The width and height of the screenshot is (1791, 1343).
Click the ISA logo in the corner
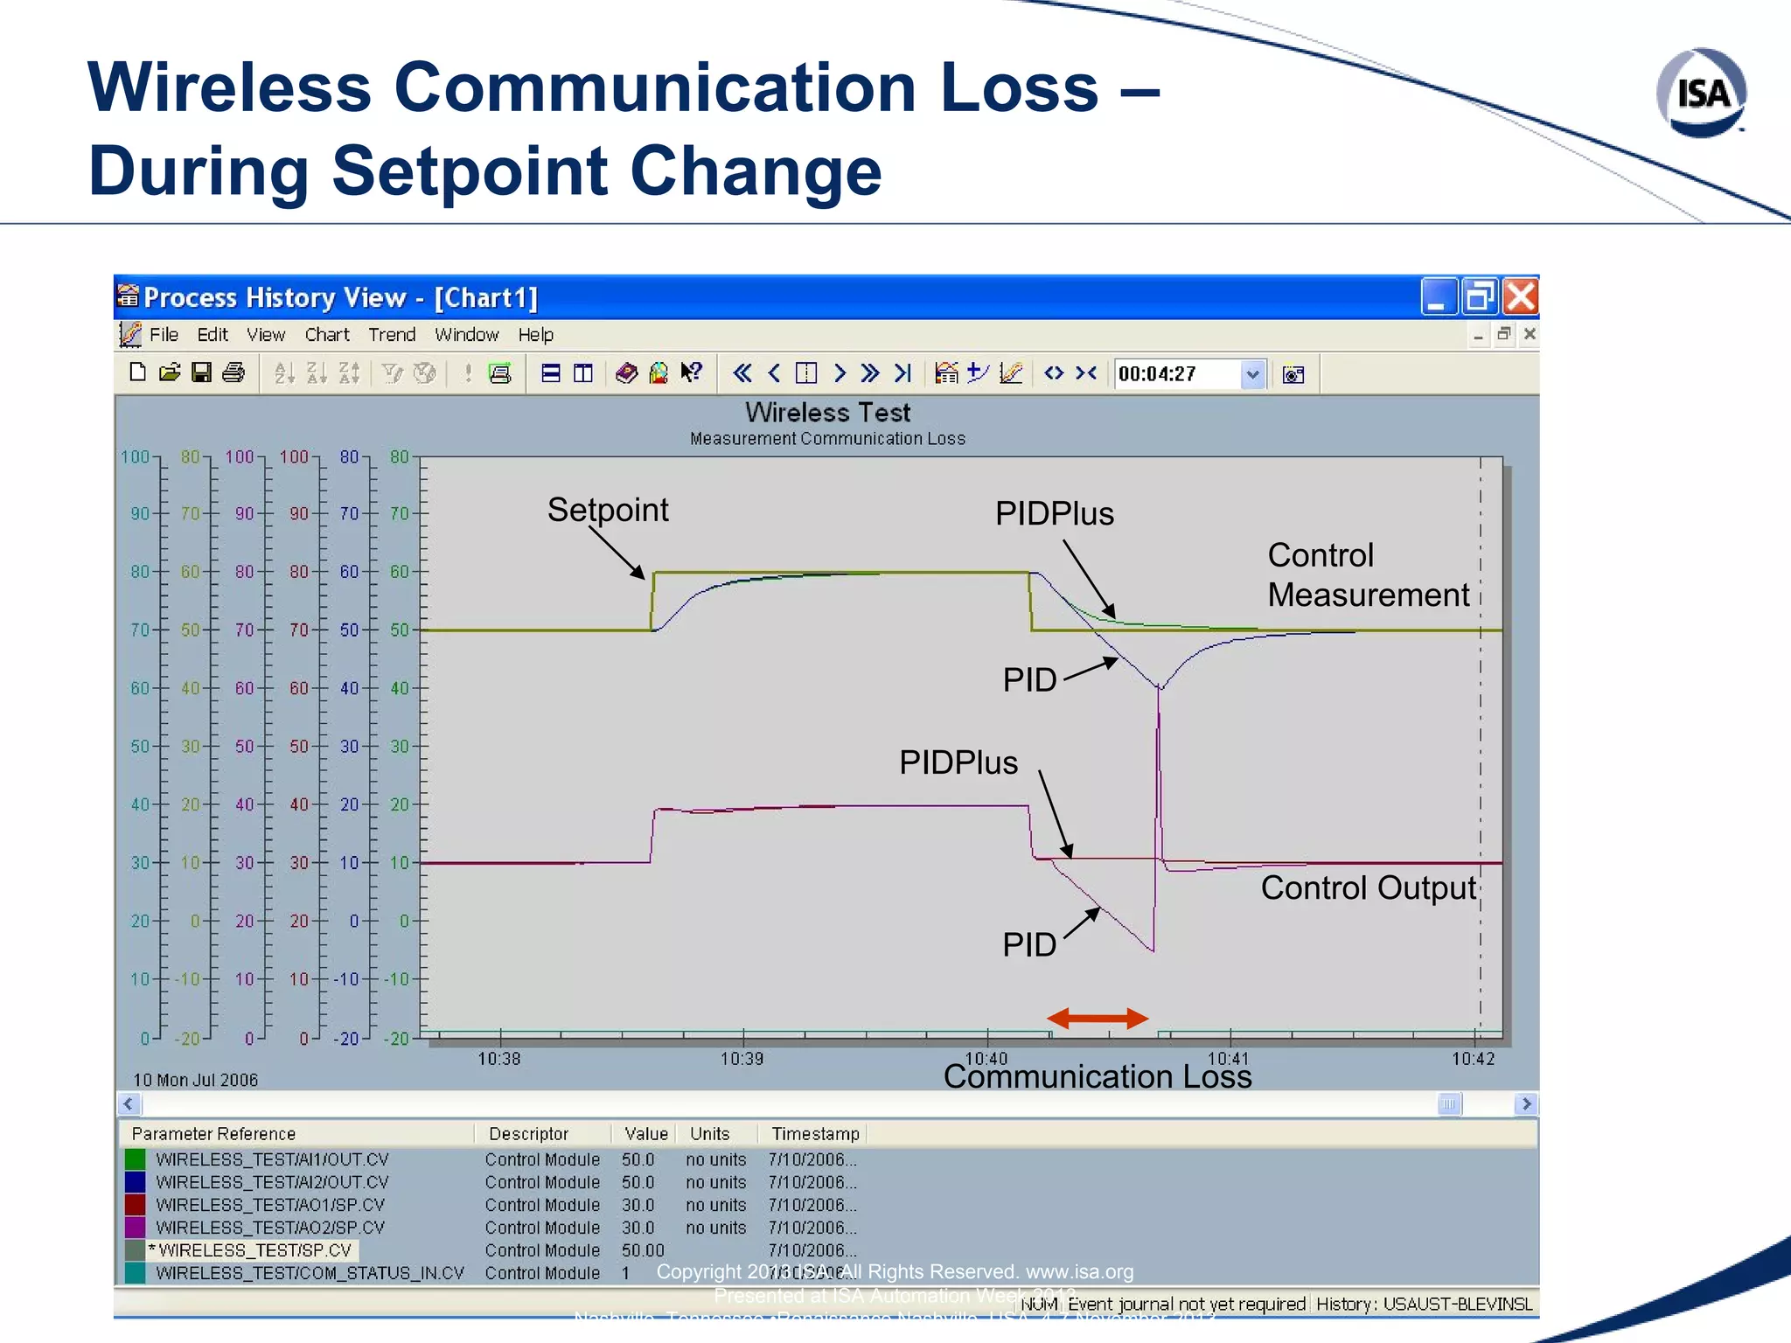(x=1701, y=94)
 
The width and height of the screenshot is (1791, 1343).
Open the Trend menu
(x=391, y=335)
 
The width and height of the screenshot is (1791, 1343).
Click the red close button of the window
(x=1521, y=297)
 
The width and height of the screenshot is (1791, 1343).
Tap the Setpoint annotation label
(x=608, y=510)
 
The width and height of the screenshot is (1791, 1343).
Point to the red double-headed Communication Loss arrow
(x=1098, y=1018)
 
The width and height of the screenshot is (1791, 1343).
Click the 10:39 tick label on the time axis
(x=742, y=1059)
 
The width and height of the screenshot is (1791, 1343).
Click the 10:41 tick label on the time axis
(x=1229, y=1059)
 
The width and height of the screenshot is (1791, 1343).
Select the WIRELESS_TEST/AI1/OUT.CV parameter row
(x=272, y=1159)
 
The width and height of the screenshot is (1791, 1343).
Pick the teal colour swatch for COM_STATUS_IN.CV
(x=135, y=1273)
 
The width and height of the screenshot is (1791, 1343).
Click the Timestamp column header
(x=815, y=1134)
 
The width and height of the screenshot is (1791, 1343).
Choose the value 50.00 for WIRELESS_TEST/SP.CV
(x=643, y=1250)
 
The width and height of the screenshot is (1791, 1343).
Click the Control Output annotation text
(x=1368, y=887)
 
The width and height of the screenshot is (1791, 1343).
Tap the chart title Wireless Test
(x=827, y=413)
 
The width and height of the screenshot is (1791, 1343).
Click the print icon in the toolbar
(x=233, y=373)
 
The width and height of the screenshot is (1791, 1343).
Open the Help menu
(x=535, y=335)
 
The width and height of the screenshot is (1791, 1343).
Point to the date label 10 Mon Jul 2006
(x=195, y=1080)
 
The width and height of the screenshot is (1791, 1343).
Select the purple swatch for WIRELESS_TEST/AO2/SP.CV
(x=135, y=1228)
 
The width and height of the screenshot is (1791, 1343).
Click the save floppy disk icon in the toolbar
(x=201, y=373)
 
